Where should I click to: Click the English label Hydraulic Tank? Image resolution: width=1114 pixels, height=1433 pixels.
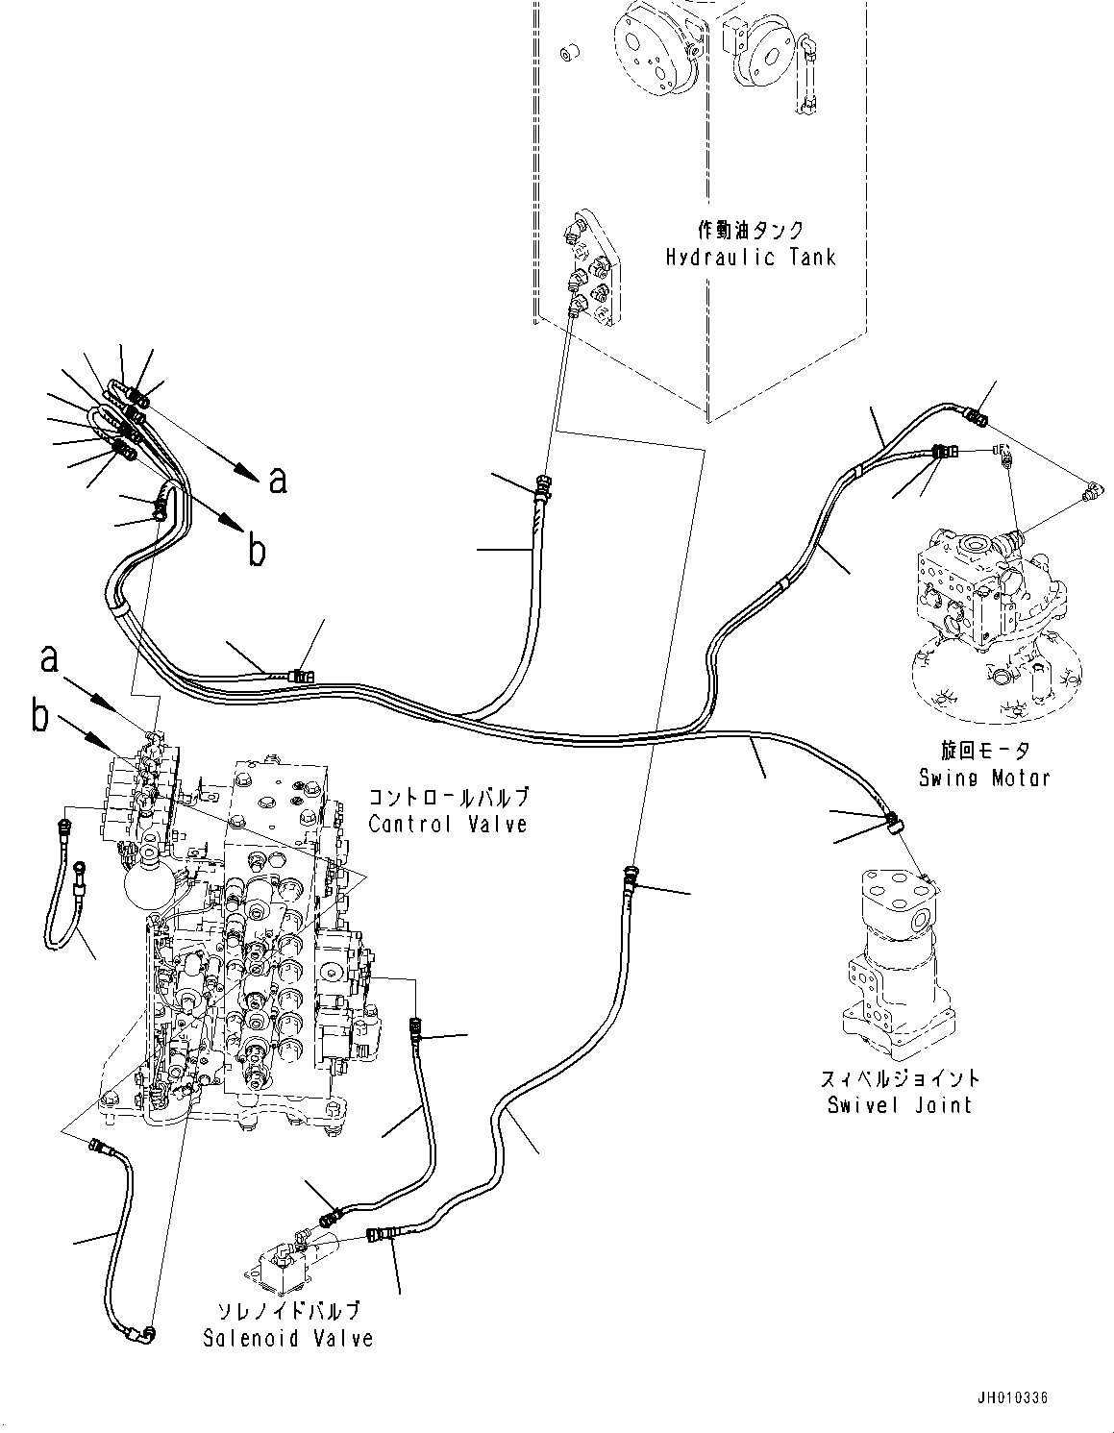coord(751,258)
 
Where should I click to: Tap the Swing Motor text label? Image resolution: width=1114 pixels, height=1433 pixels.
coord(984,778)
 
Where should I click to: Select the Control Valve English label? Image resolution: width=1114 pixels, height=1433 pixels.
coord(448,825)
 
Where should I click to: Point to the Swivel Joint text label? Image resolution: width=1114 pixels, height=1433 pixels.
coord(900,1104)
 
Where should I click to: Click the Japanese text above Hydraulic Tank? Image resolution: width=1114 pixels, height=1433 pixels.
coord(751,230)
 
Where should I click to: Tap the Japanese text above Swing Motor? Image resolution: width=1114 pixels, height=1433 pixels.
coord(984,751)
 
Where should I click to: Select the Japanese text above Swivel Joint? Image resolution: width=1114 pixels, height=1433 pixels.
coord(900,1077)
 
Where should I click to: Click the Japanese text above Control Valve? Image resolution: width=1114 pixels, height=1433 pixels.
coord(448,798)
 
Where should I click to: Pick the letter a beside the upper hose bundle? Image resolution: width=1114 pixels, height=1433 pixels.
coord(278,481)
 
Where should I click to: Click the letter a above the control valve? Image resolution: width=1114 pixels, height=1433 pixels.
coord(50,658)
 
